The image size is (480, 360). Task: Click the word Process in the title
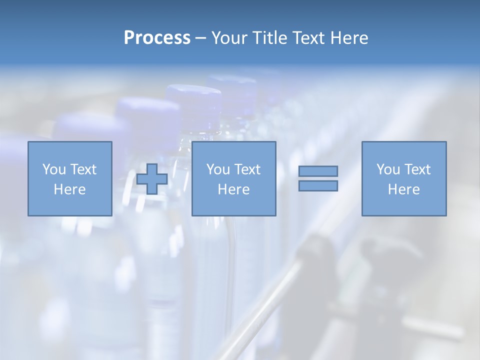[157, 38]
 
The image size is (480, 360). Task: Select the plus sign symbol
[152, 179]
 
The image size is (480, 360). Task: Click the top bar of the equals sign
[318, 171]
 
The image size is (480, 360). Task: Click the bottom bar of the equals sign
[318, 186]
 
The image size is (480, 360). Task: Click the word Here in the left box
[70, 189]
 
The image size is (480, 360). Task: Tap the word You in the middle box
[218, 169]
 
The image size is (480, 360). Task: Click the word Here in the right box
[404, 189]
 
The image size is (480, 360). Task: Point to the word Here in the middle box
[233, 189]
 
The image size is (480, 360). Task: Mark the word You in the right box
[388, 169]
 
